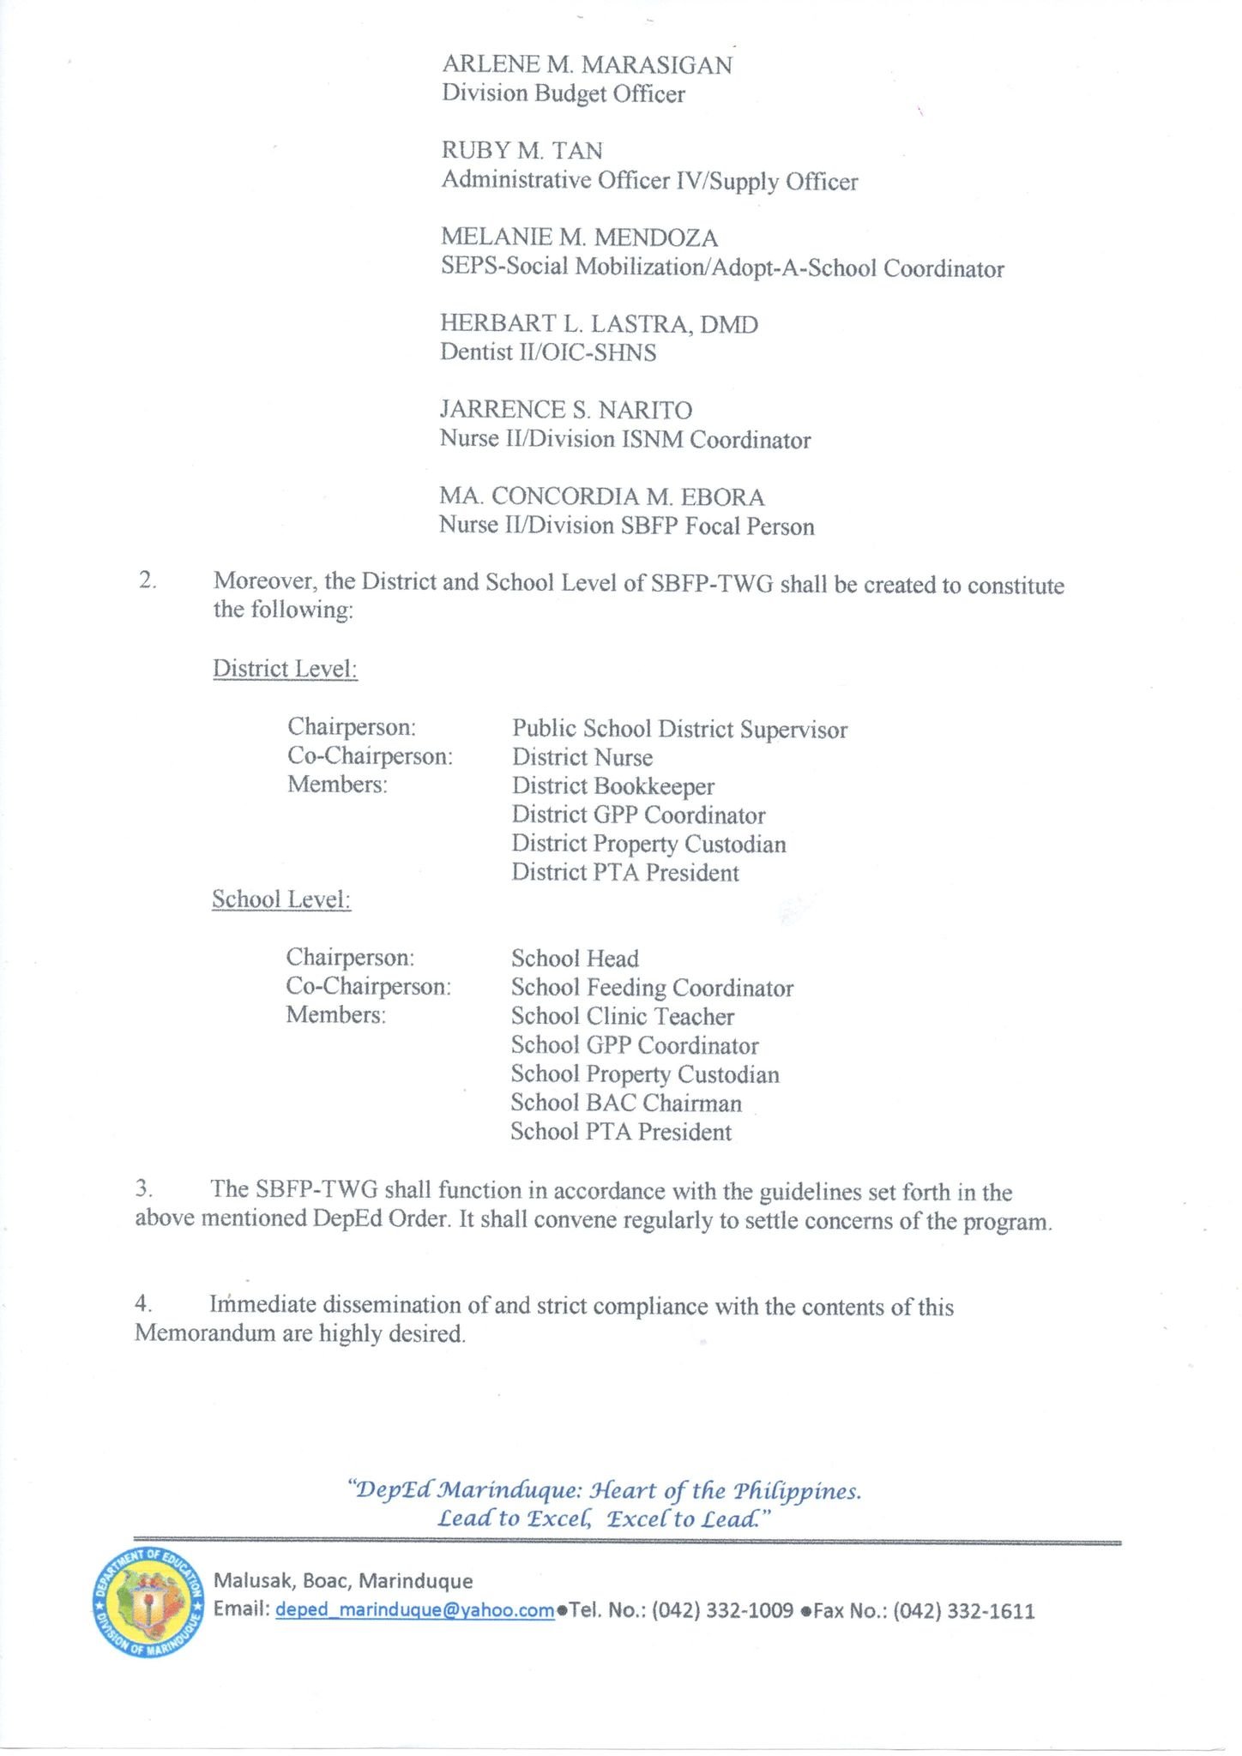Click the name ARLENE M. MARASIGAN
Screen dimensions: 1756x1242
(587, 65)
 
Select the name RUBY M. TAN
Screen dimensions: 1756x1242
(522, 151)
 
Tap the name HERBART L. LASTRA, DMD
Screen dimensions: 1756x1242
(599, 324)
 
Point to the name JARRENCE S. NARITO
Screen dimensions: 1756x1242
(565, 410)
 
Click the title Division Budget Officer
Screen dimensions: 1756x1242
(563, 93)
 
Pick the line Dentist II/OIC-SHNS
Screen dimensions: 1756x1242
(548, 352)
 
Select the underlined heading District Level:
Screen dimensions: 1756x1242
(285, 669)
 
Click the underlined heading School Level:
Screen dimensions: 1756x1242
(281, 899)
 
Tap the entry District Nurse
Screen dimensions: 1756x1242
(582, 758)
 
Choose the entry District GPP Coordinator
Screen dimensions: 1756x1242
(638, 815)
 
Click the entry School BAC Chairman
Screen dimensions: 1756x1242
(626, 1104)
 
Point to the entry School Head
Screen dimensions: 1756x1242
(575, 959)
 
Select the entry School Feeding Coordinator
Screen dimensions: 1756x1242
(652, 989)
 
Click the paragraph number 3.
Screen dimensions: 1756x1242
(144, 1189)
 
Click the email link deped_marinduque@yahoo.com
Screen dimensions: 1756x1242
(415, 1610)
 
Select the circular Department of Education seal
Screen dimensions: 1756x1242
(148, 1603)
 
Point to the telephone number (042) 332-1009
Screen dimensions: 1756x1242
(722, 1610)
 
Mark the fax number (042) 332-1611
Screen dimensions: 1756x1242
(963, 1611)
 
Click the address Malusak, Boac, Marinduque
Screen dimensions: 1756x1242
(343, 1580)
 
